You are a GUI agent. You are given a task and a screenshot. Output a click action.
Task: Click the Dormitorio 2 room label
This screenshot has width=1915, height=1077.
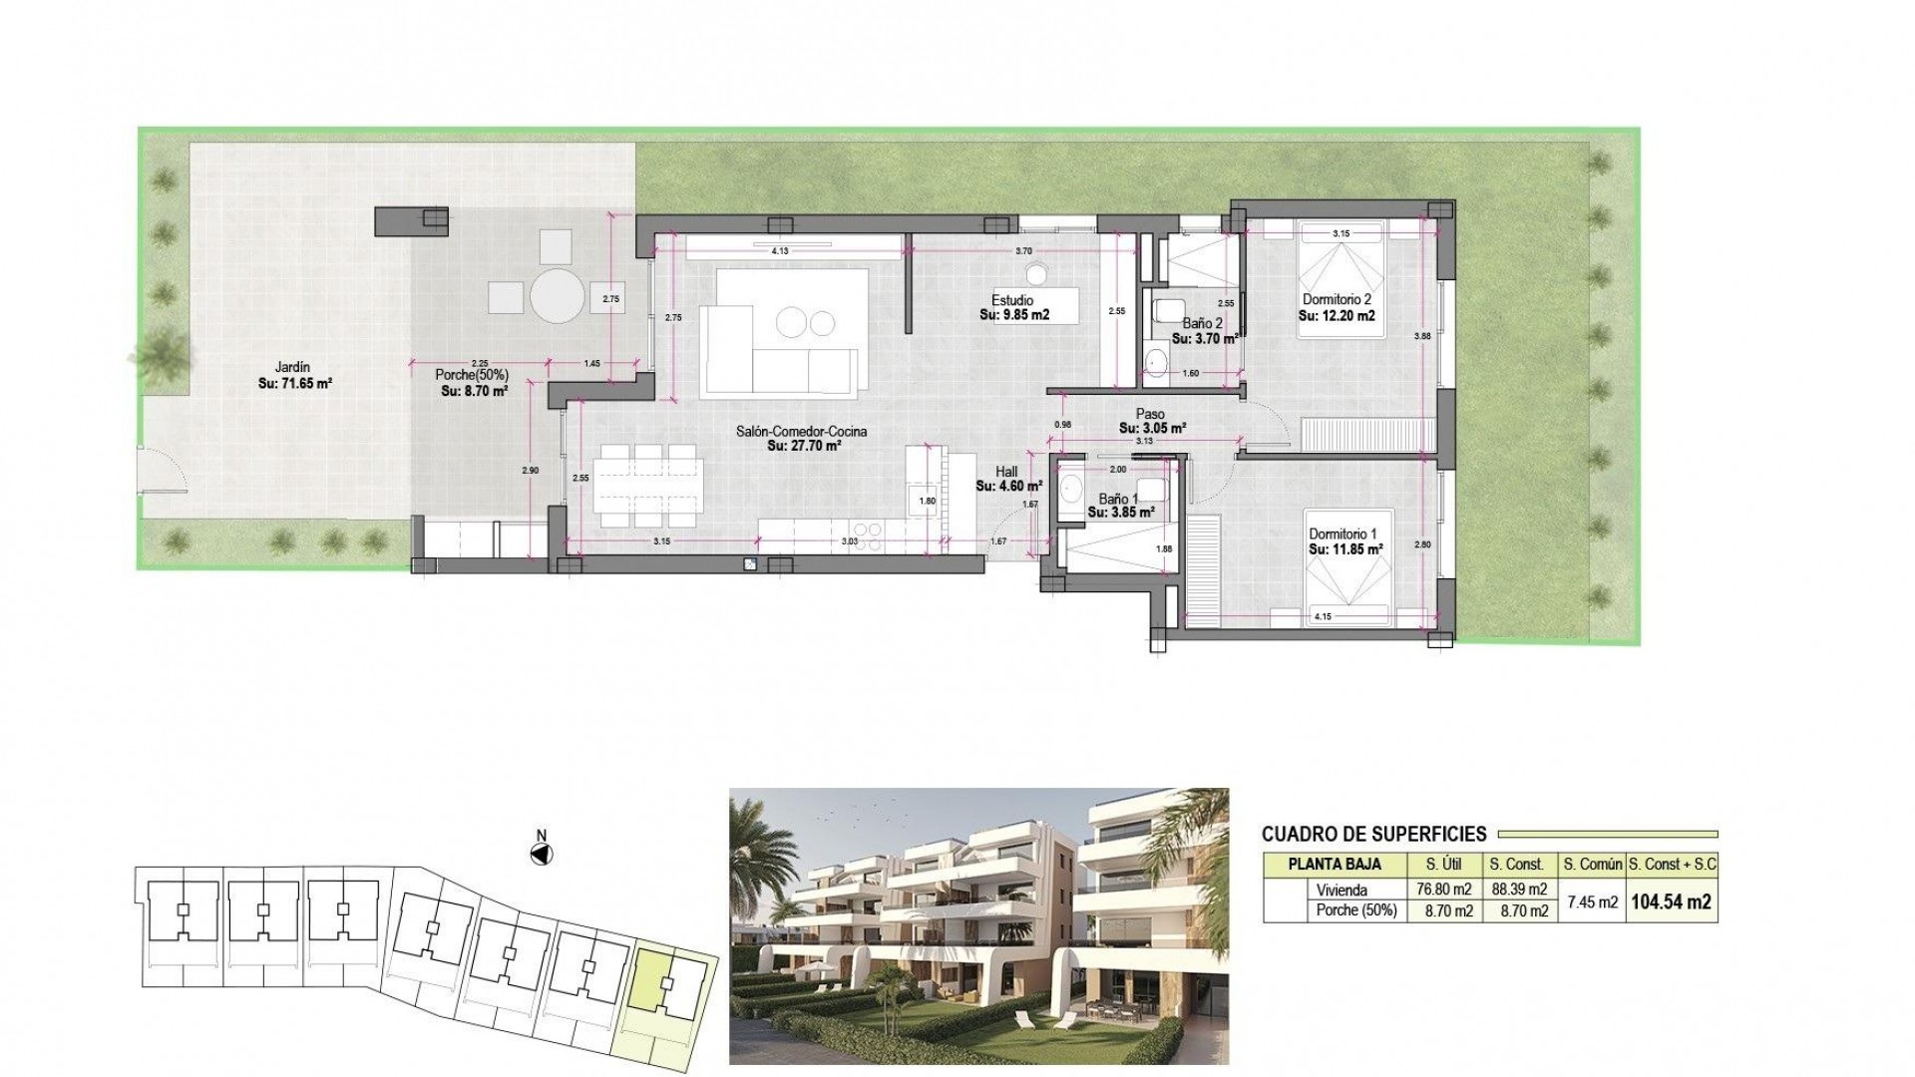[x=1337, y=299]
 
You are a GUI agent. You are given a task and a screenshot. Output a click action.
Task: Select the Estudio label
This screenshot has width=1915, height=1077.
[x=1012, y=300]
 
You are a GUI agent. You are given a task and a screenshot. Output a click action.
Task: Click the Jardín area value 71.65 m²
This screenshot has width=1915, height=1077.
[x=294, y=382]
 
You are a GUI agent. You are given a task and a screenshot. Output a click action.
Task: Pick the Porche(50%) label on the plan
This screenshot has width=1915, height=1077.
[x=472, y=375]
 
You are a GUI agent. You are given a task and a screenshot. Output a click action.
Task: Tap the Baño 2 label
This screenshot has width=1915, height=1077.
[x=1202, y=323]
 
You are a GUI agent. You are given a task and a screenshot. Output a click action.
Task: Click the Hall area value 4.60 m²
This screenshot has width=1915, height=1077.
[x=1009, y=487]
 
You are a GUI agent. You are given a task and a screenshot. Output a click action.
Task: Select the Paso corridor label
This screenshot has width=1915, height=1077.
[x=1150, y=414]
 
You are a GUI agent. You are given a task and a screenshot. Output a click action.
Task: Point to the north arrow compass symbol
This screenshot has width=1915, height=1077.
[x=542, y=855]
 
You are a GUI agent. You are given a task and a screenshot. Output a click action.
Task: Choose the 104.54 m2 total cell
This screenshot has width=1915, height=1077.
[x=1671, y=901]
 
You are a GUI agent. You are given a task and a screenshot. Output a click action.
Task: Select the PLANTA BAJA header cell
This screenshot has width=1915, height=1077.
[x=1335, y=865]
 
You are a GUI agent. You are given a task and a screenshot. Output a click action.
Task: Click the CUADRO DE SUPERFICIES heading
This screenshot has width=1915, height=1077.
[x=1373, y=835]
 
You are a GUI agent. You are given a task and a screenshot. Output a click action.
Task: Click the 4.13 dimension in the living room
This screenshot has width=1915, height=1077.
[x=780, y=251]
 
